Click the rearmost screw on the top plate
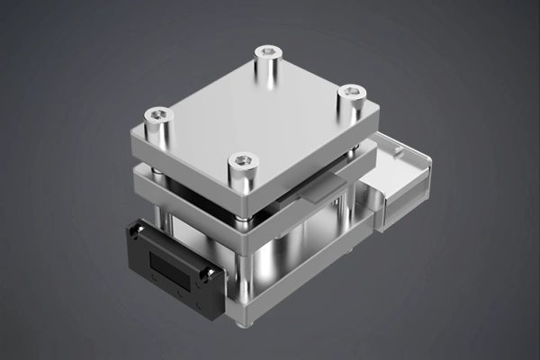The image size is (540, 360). [x=268, y=53]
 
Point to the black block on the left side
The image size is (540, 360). [x=171, y=265]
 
